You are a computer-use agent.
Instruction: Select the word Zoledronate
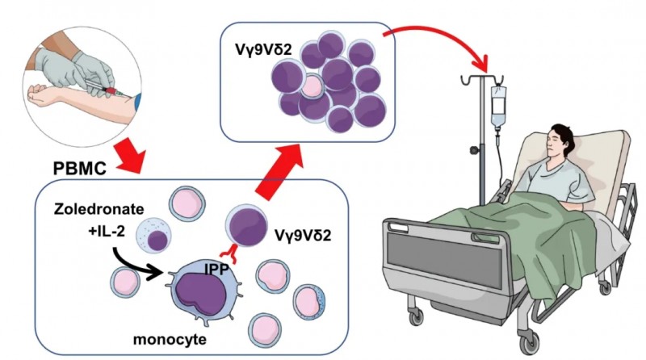pos(91,208)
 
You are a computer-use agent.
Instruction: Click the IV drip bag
pos(497,105)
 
